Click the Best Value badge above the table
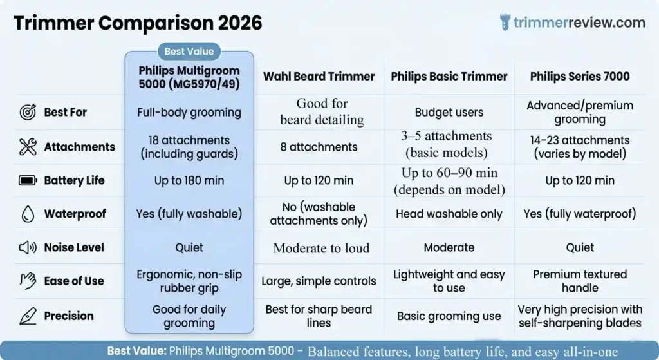189,52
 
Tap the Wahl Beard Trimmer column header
319,77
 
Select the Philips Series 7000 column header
579,77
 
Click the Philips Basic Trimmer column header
449,77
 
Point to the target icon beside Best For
28,112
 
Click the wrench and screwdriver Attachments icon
28,147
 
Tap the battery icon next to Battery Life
28,180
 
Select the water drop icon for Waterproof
28,214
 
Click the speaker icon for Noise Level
28,247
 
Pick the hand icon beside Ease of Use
28,281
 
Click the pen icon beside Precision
28,316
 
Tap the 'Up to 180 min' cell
189,180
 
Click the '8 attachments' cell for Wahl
319,147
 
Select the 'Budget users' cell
449,112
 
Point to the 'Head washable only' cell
449,214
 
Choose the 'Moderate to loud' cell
321,248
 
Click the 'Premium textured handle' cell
579,281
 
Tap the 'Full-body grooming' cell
189,112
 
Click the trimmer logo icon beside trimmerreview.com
505,23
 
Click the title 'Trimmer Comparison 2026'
138,23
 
